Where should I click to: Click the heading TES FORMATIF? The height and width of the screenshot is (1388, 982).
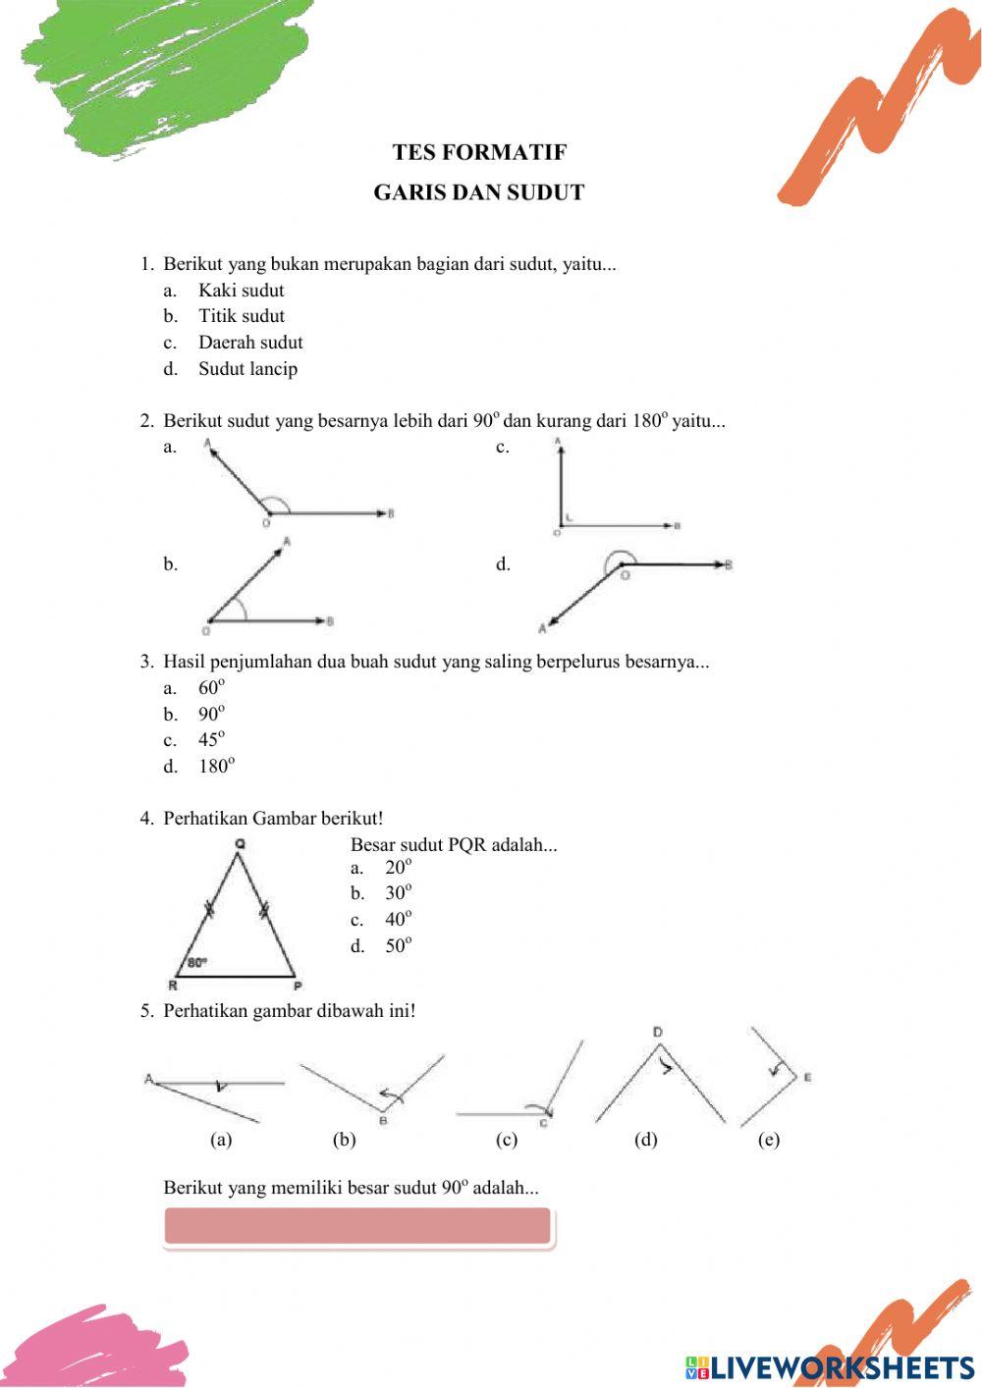click(x=479, y=152)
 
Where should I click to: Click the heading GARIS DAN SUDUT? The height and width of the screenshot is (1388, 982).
click(x=478, y=192)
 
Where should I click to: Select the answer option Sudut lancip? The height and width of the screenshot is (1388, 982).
click(x=247, y=369)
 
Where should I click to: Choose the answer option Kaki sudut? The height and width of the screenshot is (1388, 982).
click(x=241, y=291)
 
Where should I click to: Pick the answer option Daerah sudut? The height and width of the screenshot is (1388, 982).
click(x=250, y=343)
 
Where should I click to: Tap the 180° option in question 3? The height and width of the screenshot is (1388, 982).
click(x=216, y=767)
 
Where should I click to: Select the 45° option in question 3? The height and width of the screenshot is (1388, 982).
click(x=211, y=740)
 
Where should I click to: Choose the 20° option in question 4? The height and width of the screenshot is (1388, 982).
click(x=398, y=868)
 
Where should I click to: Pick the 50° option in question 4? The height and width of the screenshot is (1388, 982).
click(x=398, y=946)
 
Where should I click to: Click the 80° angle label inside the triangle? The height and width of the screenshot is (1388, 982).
click(x=197, y=963)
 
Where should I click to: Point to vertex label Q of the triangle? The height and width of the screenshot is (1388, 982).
click(x=241, y=843)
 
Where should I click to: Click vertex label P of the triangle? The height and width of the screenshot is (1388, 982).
click(x=298, y=987)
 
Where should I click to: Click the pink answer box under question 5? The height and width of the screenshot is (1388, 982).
click(x=357, y=1227)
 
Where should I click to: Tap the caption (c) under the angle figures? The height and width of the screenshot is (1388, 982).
click(x=507, y=1140)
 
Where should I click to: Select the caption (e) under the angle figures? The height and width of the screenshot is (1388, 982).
click(x=769, y=1140)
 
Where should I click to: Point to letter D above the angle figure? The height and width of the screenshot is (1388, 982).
click(x=657, y=1032)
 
